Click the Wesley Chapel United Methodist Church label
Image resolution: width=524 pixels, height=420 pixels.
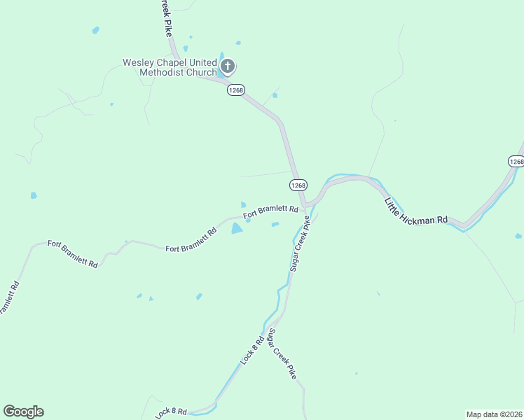click(170, 67)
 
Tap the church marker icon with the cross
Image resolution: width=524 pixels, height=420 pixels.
click(227, 67)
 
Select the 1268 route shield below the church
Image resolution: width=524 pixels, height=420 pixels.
click(235, 90)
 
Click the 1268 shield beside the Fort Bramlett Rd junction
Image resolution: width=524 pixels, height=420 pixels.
click(298, 185)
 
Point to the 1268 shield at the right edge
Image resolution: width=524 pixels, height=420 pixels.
click(516, 162)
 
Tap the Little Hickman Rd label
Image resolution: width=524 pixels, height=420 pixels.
click(416, 210)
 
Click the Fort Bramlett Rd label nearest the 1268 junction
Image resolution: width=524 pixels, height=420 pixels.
click(271, 210)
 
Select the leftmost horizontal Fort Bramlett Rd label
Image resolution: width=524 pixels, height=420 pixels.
click(73, 248)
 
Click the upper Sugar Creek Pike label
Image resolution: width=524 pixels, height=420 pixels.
click(299, 243)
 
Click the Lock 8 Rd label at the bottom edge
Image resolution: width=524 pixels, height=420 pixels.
click(172, 412)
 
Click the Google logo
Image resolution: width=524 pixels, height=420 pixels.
click(23, 412)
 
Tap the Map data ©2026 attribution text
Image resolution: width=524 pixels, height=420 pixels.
click(494, 414)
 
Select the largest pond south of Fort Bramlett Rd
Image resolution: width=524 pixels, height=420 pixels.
click(237, 228)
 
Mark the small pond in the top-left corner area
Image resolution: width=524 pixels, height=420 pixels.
click(95, 30)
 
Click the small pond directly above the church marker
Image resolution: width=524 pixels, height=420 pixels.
click(239, 43)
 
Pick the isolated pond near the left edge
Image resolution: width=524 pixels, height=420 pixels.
click(34, 195)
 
